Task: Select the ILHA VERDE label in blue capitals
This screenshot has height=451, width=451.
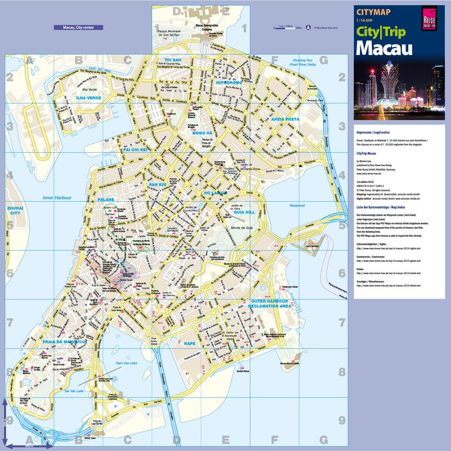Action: [x=89, y=98]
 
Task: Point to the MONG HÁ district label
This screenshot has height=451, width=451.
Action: [x=202, y=133]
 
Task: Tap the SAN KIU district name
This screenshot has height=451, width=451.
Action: [x=157, y=184]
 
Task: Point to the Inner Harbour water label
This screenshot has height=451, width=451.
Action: [x=56, y=198]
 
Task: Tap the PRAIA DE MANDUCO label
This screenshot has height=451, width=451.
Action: [x=65, y=342]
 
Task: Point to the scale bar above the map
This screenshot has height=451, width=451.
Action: [x=289, y=27]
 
